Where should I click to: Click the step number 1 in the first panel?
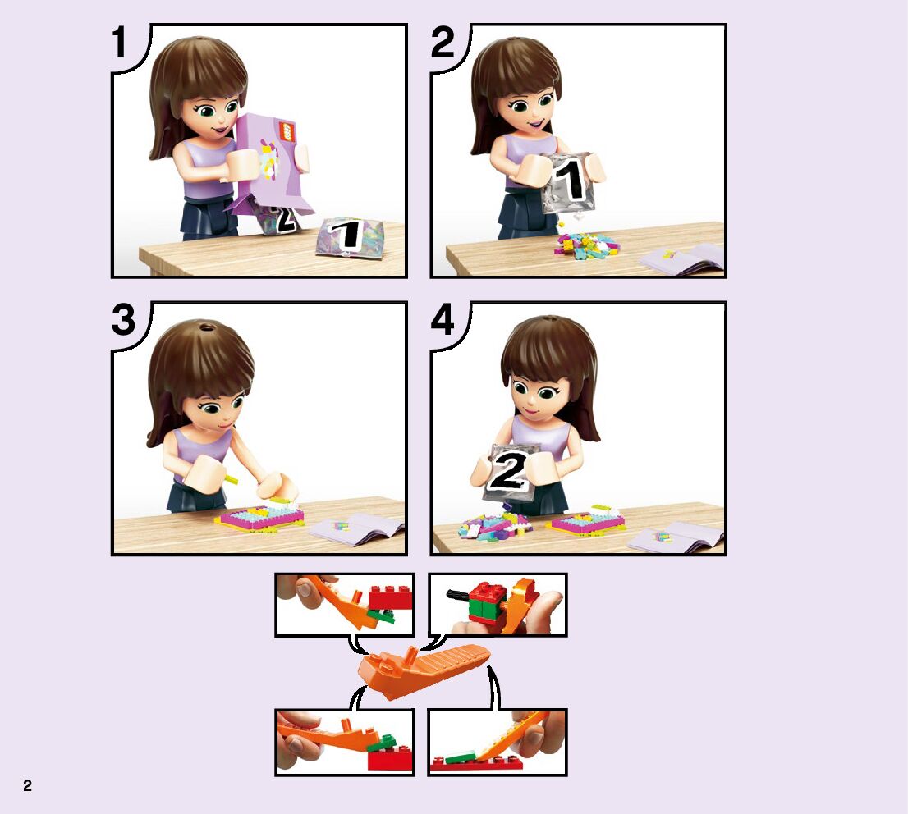(x=120, y=43)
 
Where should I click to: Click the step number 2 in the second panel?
(x=443, y=43)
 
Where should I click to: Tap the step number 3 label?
(x=123, y=320)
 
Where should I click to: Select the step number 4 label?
(x=443, y=320)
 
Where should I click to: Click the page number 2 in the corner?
(x=27, y=785)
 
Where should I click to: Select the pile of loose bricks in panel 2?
(x=583, y=243)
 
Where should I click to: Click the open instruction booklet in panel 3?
(x=356, y=529)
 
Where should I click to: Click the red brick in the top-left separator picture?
(x=391, y=599)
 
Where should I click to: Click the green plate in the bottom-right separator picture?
(x=461, y=757)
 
